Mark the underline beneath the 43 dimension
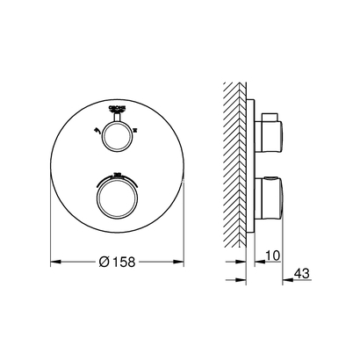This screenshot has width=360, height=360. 302,281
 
